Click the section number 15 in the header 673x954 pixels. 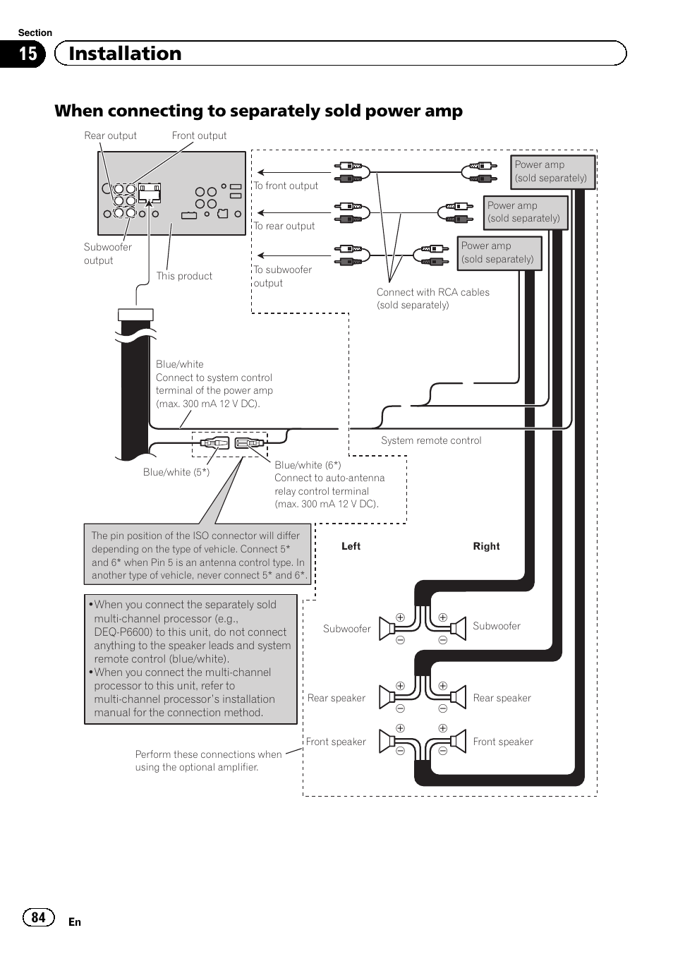[27, 54]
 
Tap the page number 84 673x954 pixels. [38, 917]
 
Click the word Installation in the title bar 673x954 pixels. [125, 54]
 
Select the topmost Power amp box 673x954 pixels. [553, 171]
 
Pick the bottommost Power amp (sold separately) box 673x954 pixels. [499, 253]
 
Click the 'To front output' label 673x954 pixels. [286, 186]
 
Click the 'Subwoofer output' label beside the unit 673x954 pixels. [107, 254]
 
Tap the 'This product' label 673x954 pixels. [184, 276]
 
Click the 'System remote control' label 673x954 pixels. [431, 440]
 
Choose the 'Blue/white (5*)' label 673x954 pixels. [176, 472]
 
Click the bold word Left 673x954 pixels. [351, 546]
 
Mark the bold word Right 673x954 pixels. [486, 546]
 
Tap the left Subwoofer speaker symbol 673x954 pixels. [387, 628]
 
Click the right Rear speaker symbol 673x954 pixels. [458, 697]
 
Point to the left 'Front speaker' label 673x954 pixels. [336, 742]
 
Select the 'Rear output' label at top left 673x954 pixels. [110, 135]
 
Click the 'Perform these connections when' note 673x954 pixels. [208, 754]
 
